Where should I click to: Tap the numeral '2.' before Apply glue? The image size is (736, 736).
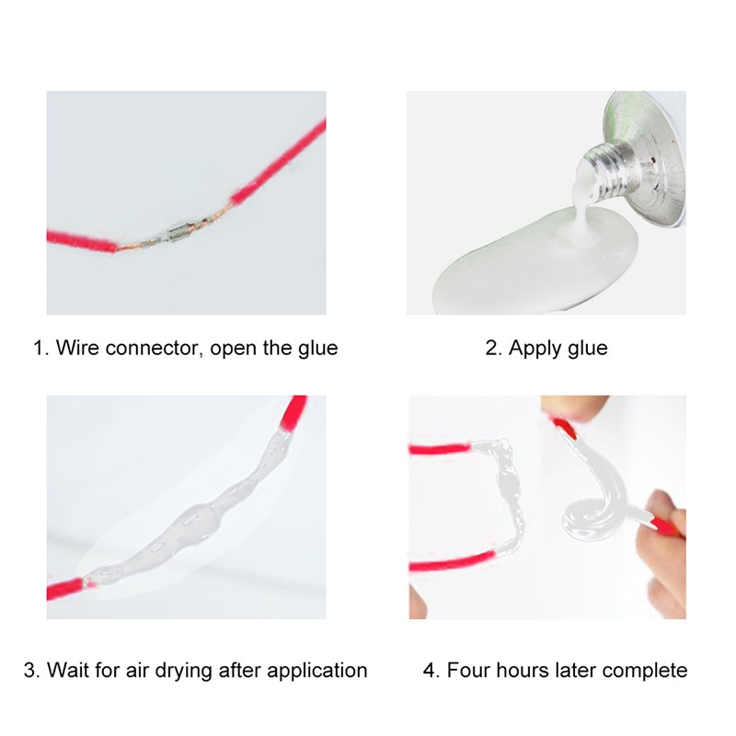pos(493,349)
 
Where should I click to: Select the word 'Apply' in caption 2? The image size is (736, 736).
pos(534,350)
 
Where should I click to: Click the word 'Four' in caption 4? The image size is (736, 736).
pos(466,670)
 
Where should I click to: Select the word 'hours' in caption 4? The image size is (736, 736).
pos(521,670)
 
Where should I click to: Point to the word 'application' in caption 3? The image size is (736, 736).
pos(317,671)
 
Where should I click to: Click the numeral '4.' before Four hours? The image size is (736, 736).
pos(431,670)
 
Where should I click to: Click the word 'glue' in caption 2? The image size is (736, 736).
pos(589,350)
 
